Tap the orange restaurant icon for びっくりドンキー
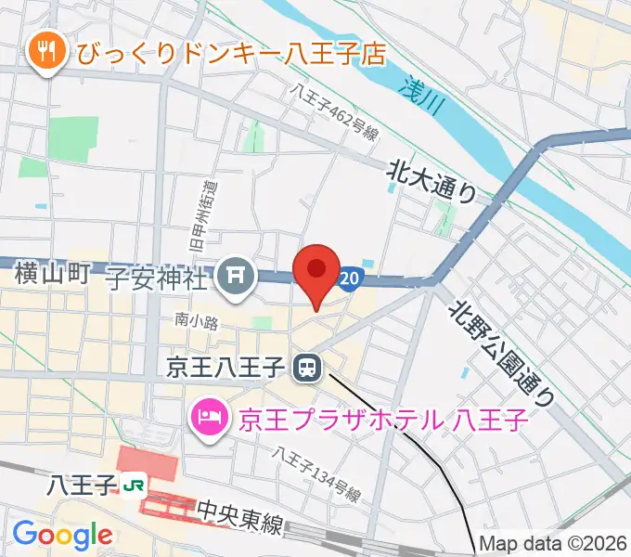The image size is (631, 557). click(44, 52)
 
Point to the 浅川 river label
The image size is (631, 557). click(423, 92)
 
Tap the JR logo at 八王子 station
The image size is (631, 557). click(135, 485)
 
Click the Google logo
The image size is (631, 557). click(62, 535)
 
